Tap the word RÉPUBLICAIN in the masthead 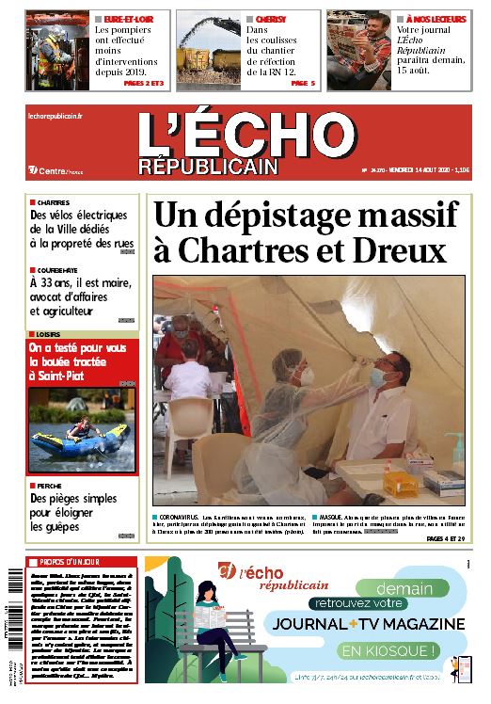pyautogui.click(x=208, y=167)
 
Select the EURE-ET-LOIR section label pyautogui.click(x=129, y=18)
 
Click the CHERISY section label pyautogui.click(x=271, y=18)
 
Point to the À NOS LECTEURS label pyautogui.click(x=436, y=18)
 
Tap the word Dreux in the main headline pyautogui.click(x=400, y=251)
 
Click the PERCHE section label pyautogui.click(x=48, y=485)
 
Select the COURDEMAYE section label pyautogui.click(x=56, y=268)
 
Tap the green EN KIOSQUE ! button pyautogui.click(x=389, y=649)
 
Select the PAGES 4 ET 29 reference pyautogui.click(x=449, y=538)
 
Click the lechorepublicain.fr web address pyautogui.click(x=55, y=115)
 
